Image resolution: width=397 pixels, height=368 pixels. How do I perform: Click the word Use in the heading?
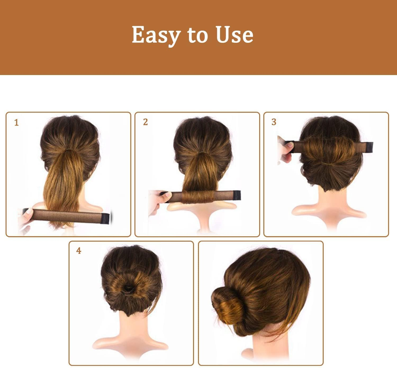(234, 35)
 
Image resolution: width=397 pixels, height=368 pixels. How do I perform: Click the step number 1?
(16, 123)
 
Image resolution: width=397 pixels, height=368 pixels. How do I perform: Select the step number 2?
(145, 122)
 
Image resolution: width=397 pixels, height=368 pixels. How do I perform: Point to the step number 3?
(274, 122)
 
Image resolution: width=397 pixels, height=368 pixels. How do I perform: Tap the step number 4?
(79, 251)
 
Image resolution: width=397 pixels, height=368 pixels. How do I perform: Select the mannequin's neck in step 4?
(131, 330)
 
